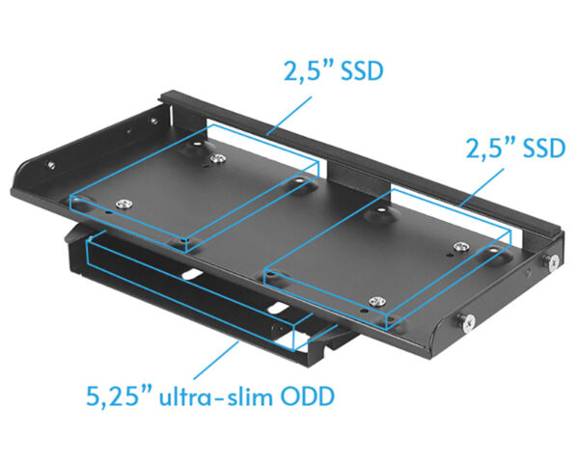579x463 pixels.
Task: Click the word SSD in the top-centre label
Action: [x=362, y=70]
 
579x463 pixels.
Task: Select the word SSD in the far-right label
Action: [x=544, y=149]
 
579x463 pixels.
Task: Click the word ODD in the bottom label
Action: [x=308, y=396]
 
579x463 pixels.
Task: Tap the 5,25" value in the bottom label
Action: [x=119, y=395]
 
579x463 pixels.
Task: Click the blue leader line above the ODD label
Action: [x=216, y=360]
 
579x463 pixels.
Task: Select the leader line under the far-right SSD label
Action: [x=482, y=187]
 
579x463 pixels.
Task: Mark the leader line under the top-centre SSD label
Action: [x=289, y=115]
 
